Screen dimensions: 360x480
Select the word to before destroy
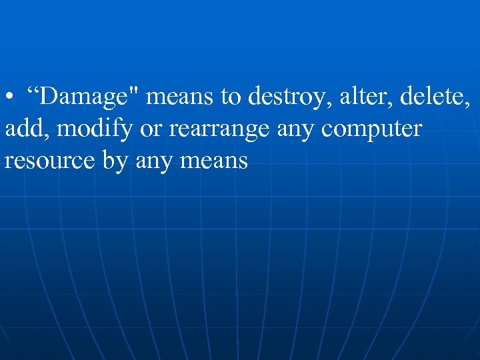click(x=231, y=97)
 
